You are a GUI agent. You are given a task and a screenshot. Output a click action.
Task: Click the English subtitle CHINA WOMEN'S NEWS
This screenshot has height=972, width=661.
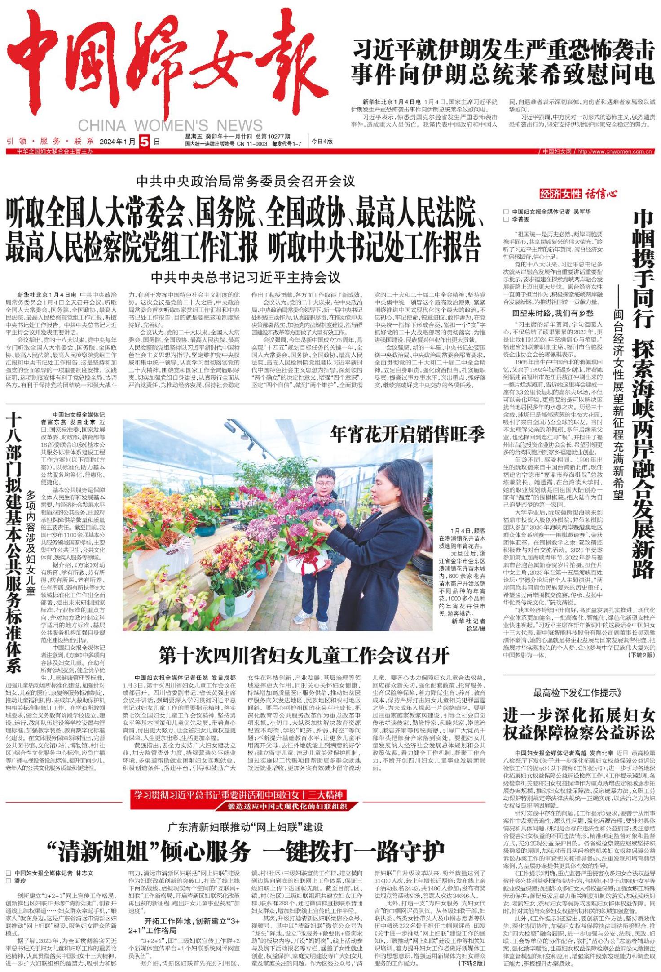click(170, 124)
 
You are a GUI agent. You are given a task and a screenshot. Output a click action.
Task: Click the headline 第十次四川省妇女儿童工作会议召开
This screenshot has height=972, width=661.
click(304, 656)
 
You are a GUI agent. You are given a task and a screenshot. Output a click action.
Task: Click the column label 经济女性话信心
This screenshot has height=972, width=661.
click(578, 194)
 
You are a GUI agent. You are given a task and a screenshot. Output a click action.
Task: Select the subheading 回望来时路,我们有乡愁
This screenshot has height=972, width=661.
click(553, 313)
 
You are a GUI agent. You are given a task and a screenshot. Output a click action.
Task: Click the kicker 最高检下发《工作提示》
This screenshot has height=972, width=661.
click(577, 692)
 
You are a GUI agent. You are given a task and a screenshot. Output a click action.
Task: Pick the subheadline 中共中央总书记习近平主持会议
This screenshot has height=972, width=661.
click(246, 278)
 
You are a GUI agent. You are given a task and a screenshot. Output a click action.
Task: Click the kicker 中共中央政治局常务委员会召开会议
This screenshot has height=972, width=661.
click(246, 182)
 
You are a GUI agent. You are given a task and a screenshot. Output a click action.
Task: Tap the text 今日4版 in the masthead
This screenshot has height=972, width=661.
click(322, 141)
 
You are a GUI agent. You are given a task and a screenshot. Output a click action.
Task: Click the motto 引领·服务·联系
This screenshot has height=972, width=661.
click(50, 141)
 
